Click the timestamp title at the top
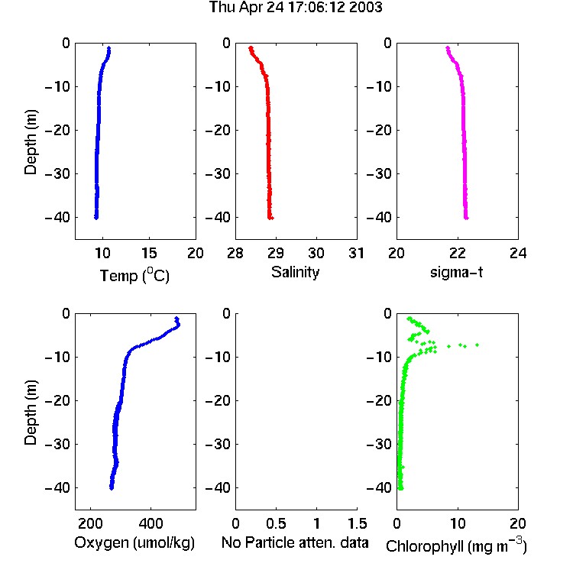pyautogui.click(x=295, y=7)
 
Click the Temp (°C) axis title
pyautogui.click(x=134, y=275)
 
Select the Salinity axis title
pyautogui.click(x=295, y=272)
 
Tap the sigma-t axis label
pyautogui.click(x=456, y=272)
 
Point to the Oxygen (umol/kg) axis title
pyautogui.click(x=134, y=543)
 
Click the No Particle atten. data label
pyautogui.click(x=295, y=542)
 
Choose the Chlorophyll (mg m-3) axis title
pyautogui.click(x=456, y=545)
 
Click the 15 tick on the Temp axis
pyautogui.click(x=149, y=253)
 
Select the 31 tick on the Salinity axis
pyautogui.click(x=356, y=253)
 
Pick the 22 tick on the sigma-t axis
pyautogui.click(x=458, y=253)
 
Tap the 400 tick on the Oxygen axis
pyautogui.click(x=151, y=523)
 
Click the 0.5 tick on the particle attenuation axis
pyautogui.click(x=276, y=523)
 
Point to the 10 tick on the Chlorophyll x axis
pyautogui.click(x=458, y=523)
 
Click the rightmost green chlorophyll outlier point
pyautogui.click(x=477, y=345)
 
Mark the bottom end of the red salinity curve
pyautogui.click(x=270, y=218)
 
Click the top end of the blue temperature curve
pyautogui.click(x=108, y=48)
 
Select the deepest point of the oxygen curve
pyautogui.click(x=112, y=488)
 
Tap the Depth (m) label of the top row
pyautogui.click(x=31, y=142)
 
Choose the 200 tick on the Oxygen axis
pyautogui.click(x=90, y=523)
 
